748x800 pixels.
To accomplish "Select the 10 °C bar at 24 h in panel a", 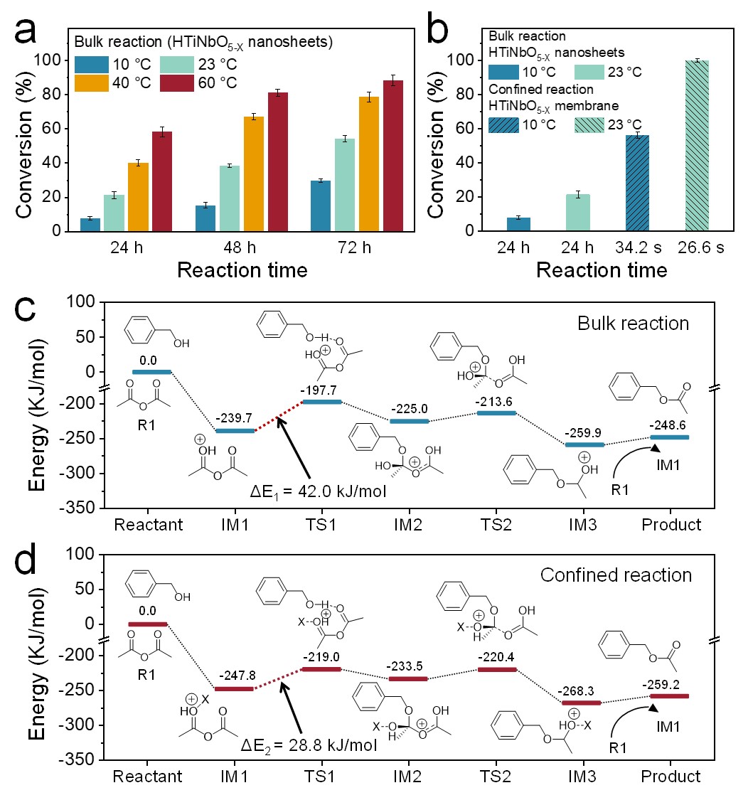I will (x=90, y=225).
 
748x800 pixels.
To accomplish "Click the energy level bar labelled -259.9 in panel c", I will (x=584, y=445).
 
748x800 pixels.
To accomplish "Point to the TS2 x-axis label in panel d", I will (x=497, y=776).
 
